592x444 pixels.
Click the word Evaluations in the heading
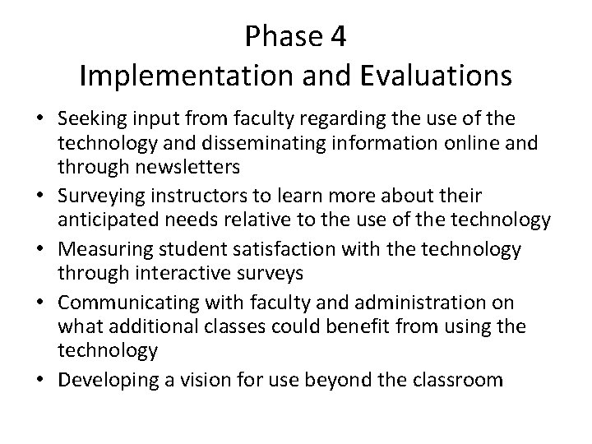[x=433, y=76]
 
